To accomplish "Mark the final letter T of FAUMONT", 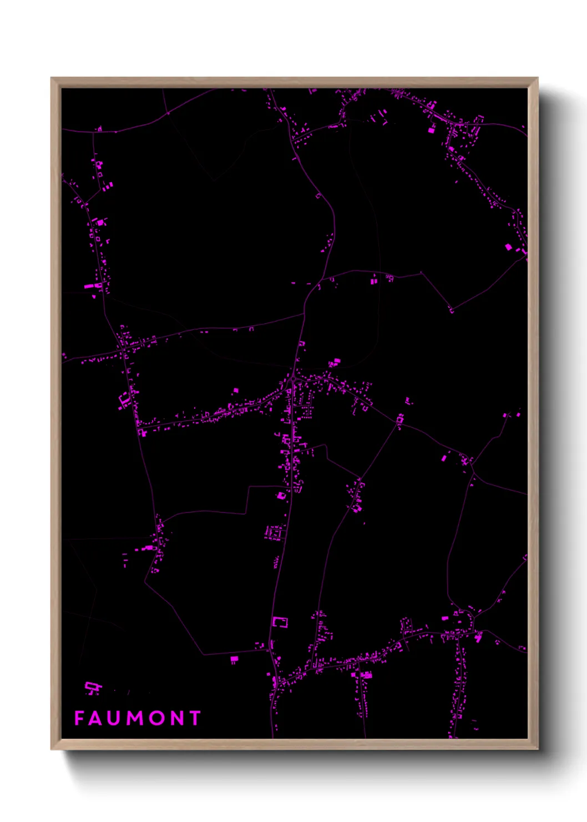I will coord(194,718).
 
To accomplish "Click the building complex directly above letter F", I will coord(93,688).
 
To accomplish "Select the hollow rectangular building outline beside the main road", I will coord(281,621).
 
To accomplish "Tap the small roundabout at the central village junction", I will coord(292,379).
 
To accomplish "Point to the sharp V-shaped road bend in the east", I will coord(451,309).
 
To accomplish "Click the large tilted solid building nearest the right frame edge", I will coord(508,247).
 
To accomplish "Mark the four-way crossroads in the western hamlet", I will coord(123,350).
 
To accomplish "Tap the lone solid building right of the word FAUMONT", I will coord(234,659).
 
